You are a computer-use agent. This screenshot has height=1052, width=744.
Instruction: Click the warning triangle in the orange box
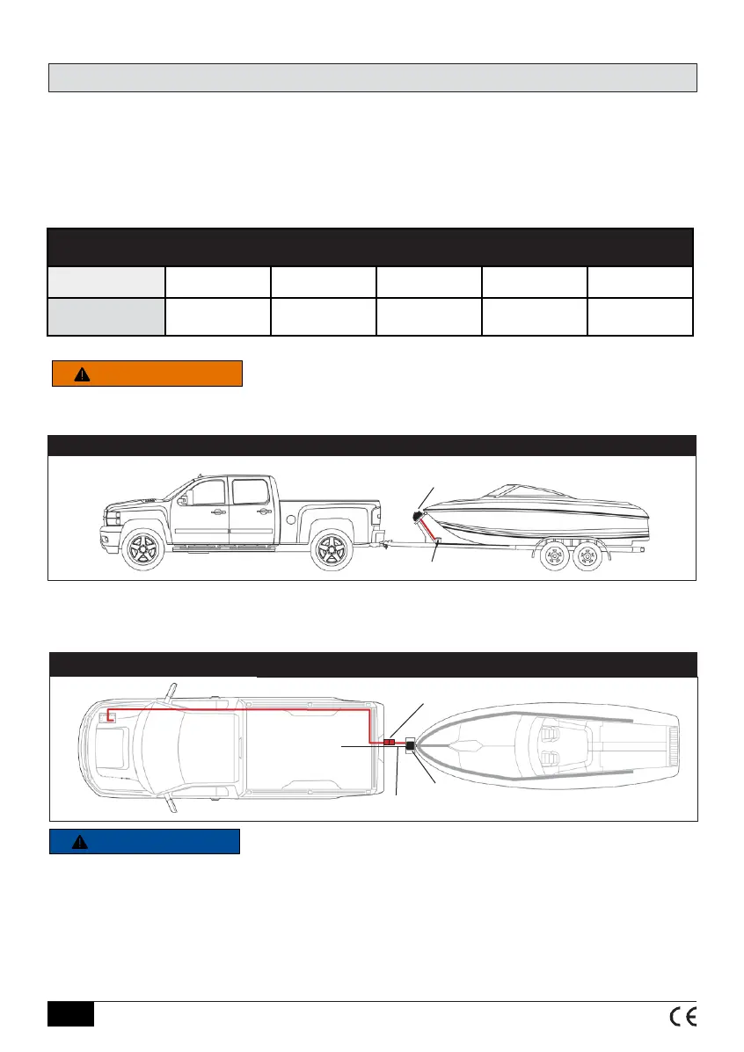pos(82,374)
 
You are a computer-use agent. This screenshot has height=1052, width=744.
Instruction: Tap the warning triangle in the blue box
pos(80,842)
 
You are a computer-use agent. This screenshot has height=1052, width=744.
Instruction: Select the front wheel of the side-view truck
pos(142,551)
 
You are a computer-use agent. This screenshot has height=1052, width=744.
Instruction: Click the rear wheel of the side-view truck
pos(330,551)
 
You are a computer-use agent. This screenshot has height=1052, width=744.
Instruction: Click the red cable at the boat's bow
pos(428,533)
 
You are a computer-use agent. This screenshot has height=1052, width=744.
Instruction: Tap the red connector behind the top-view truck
pos(389,744)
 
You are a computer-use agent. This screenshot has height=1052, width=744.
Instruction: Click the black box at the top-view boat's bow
pos(412,746)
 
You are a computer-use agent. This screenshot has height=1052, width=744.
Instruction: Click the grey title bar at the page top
pos(372,77)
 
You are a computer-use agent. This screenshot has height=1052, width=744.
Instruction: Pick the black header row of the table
pos(370,247)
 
